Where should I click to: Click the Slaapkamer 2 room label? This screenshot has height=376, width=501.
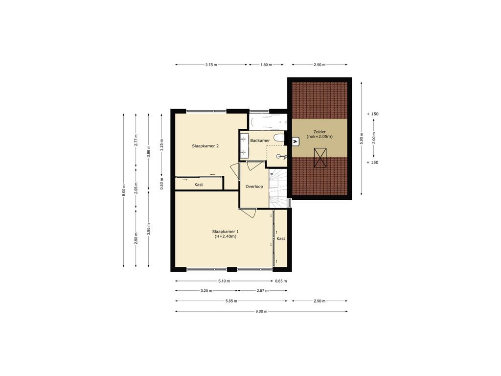click(205, 146)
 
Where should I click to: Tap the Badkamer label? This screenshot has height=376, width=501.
click(260, 141)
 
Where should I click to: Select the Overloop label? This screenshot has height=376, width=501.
click(254, 187)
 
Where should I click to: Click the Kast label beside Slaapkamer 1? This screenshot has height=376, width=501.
click(281, 238)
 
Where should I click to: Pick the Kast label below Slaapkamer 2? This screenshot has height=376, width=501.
click(199, 185)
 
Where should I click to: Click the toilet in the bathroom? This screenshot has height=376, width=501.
click(279, 138)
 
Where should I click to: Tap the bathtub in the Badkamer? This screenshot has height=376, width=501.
click(268, 122)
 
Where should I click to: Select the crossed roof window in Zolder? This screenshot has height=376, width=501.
click(320, 158)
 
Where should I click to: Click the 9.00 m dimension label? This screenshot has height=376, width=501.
click(261, 311)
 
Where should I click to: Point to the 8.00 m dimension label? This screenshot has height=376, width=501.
click(124, 190)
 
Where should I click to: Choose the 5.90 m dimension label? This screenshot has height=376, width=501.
click(362, 138)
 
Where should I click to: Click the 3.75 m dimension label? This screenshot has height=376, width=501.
click(211, 65)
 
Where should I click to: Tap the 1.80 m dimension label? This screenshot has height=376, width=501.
click(266, 65)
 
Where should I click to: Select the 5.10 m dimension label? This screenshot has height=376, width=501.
click(224, 281)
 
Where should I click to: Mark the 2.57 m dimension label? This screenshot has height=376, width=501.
click(263, 291)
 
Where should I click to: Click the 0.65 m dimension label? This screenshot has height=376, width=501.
click(281, 281)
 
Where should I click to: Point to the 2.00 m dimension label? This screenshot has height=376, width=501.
click(374, 138)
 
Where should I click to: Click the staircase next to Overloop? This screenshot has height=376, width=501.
click(278, 188)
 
